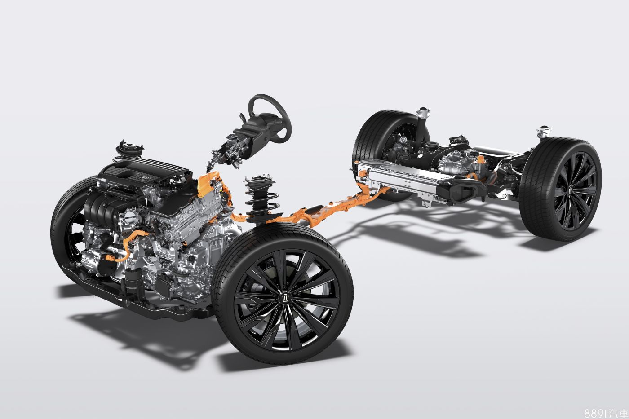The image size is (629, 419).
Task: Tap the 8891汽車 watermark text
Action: point(606,413)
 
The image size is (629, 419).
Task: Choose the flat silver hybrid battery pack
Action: point(404,177)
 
